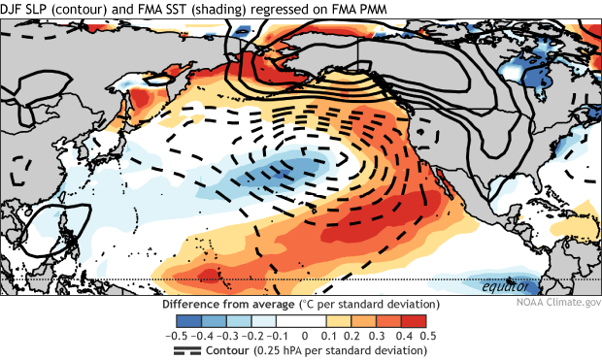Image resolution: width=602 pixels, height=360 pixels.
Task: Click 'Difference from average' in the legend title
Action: coord(230,304)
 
